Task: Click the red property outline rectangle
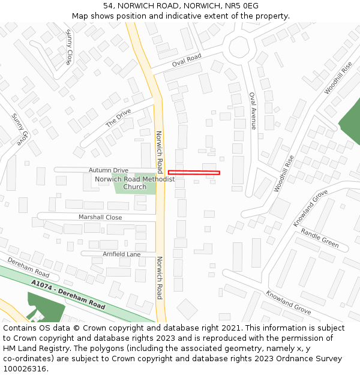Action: [x=194, y=173]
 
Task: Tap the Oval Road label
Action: [x=187, y=61]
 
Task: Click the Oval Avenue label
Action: [x=253, y=110]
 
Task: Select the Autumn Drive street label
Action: [x=109, y=170]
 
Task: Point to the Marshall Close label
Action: [x=100, y=217]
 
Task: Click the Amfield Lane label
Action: [x=121, y=254]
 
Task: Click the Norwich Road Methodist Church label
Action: [x=134, y=183]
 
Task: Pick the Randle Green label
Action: [x=320, y=238]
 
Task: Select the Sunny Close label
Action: [x=69, y=47]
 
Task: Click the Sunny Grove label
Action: [x=19, y=129]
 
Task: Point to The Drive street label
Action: [x=118, y=117]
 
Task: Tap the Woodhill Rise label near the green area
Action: [x=338, y=77]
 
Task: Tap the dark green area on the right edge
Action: [x=352, y=120]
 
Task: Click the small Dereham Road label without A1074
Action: [x=28, y=268]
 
